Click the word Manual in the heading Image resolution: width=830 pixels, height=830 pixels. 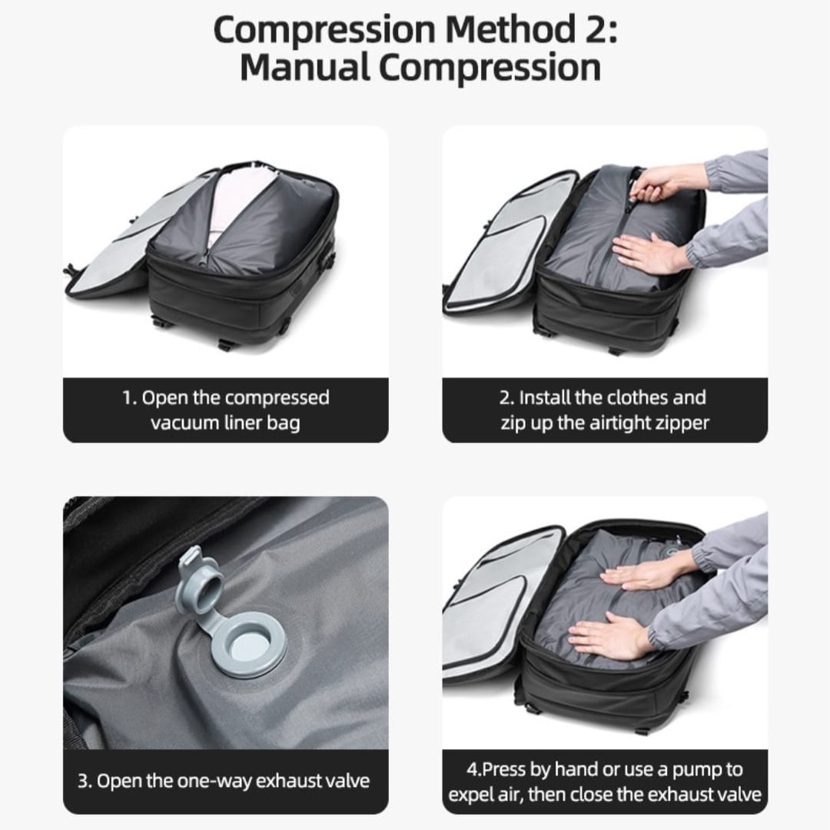(x=304, y=67)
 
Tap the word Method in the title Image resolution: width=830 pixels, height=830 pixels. (x=510, y=30)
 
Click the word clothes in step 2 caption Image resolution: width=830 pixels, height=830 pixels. (x=638, y=397)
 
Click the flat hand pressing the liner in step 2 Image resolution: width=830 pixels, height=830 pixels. (x=645, y=253)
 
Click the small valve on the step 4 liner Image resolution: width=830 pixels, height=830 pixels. (x=673, y=552)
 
